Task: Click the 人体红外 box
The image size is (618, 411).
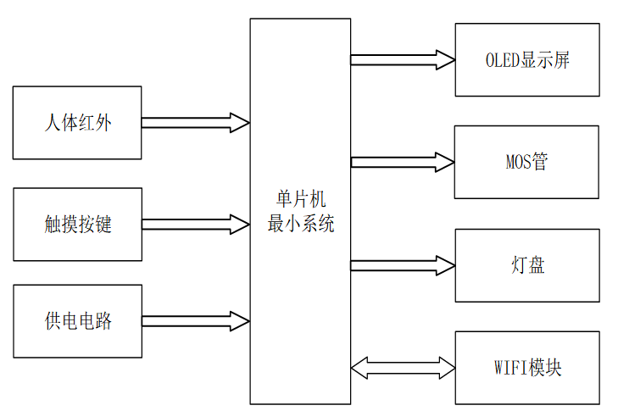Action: pos(77,123)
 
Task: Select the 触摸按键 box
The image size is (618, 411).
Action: pos(77,225)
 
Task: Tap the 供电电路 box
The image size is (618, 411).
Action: pos(77,322)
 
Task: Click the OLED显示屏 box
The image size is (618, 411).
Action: pos(527,59)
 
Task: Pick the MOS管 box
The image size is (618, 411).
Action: pos(527,162)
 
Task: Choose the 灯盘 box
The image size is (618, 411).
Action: pos(527,265)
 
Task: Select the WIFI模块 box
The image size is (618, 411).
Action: pos(527,368)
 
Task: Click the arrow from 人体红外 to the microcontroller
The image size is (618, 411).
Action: pos(195,123)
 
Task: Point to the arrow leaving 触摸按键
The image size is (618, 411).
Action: pos(195,225)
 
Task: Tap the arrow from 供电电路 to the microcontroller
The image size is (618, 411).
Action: pos(195,322)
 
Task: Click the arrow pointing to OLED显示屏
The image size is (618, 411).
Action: pos(403,59)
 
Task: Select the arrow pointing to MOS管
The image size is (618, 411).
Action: pos(403,162)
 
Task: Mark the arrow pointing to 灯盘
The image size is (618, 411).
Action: pos(403,265)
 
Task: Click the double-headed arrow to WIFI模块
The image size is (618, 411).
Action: pos(403,368)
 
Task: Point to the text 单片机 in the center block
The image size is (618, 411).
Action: pos(300,201)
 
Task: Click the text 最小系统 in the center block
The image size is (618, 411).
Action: pos(300,224)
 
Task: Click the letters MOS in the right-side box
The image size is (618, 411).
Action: pos(517,162)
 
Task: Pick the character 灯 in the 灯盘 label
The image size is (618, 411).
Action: pos(518,265)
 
